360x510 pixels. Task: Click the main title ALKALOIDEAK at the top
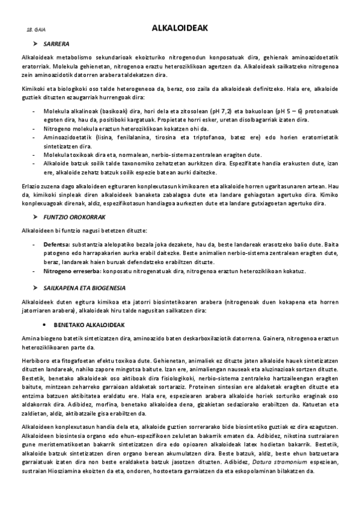pyautogui.click(x=180, y=28)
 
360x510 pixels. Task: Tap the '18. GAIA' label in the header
pyautogui.click(x=36, y=29)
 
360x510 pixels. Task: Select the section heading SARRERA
pyautogui.click(x=56, y=44)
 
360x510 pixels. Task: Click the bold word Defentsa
pyautogui.click(x=56, y=245)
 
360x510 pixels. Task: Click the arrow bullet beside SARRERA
pyautogui.click(x=35, y=44)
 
